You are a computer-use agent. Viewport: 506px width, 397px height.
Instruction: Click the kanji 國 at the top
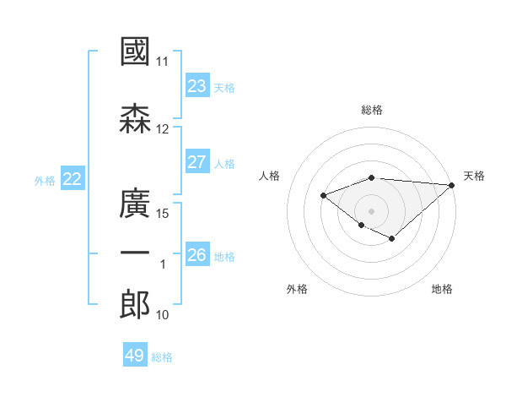pyautogui.click(x=135, y=51)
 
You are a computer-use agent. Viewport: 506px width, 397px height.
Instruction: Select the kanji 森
pyautogui.click(x=135, y=118)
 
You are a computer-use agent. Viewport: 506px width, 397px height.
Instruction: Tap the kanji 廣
pyautogui.click(x=135, y=203)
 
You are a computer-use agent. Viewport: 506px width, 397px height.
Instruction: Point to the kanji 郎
pyautogui.click(x=135, y=304)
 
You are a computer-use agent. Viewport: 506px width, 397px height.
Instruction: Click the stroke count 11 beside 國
pyautogui.click(x=162, y=62)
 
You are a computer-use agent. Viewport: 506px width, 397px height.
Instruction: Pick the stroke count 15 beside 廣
pyautogui.click(x=162, y=214)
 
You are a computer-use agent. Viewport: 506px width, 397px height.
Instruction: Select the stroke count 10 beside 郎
pyautogui.click(x=162, y=315)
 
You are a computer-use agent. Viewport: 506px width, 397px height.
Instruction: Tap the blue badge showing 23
pyautogui.click(x=197, y=85)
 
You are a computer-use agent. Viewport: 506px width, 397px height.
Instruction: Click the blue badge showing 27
pyautogui.click(x=197, y=161)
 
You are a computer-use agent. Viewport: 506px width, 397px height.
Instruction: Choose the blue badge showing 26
pyautogui.click(x=197, y=253)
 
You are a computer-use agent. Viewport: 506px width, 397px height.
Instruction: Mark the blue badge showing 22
pyautogui.click(x=73, y=178)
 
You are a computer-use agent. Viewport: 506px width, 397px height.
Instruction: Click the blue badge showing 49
pyautogui.click(x=135, y=354)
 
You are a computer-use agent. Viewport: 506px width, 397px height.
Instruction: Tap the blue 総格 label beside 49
pyautogui.click(x=162, y=357)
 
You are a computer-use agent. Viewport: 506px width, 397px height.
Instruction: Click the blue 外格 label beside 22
pyautogui.click(x=45, y=181)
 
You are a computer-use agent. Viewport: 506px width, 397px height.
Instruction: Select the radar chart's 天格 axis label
pyautogui.click(x=474, y=176)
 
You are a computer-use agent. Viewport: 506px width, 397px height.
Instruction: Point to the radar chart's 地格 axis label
pyautogui.click(x=442, y=289)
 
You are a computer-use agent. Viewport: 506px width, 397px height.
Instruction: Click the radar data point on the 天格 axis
pyautogui.click(x=452, y=185)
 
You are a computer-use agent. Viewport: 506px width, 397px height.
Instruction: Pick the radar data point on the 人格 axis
pyautogui.click(x=323, y=196)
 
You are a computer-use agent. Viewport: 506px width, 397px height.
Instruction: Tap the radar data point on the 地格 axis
pyautogui.click(x=392, y=239)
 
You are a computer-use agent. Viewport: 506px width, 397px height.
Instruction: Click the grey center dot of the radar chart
pyautogui.click(x=371, y=211)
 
